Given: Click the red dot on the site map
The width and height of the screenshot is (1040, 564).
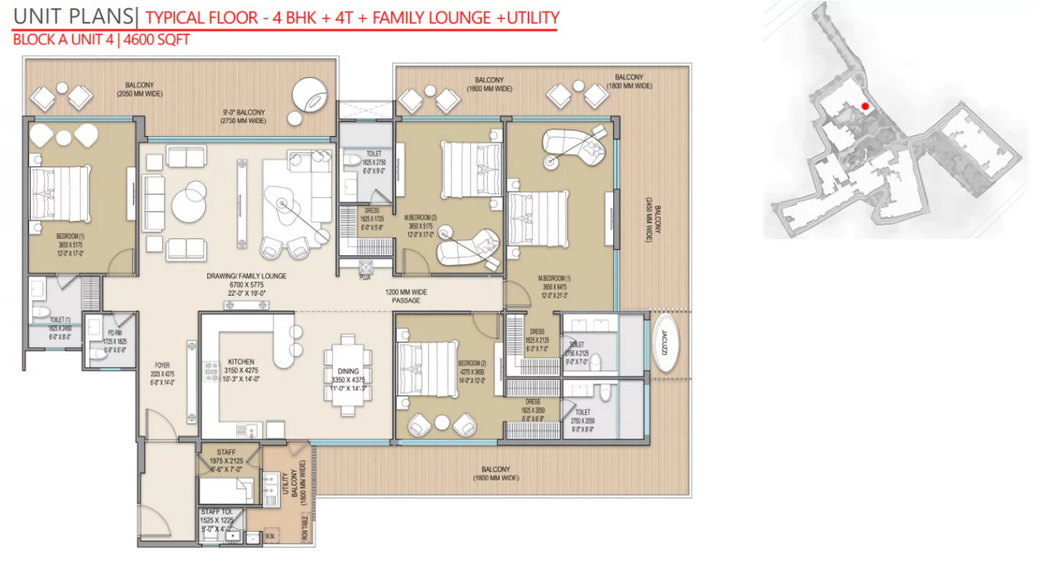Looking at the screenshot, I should [x=865, y=106].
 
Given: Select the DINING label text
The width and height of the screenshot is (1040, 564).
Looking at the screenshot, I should [x=348, y=371].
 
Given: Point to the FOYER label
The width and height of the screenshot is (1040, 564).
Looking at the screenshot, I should [x=161, y=365].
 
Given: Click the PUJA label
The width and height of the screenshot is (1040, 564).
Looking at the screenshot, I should [x=365, y=278].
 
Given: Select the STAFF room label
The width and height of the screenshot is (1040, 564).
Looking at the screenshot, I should [x=226, y=452].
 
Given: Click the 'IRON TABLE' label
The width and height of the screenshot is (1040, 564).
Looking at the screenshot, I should [x=304, y=527].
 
